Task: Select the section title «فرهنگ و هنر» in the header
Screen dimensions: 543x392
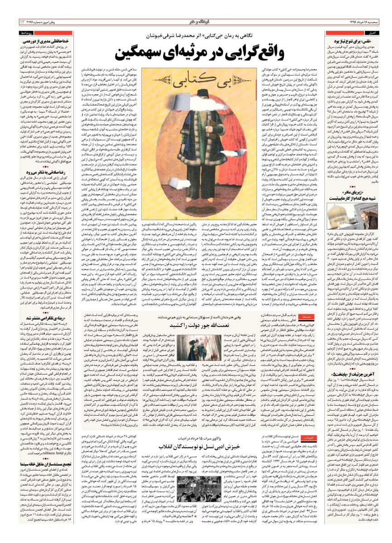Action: coord(196,22)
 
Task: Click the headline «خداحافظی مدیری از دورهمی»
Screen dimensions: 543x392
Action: coord(47,40)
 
